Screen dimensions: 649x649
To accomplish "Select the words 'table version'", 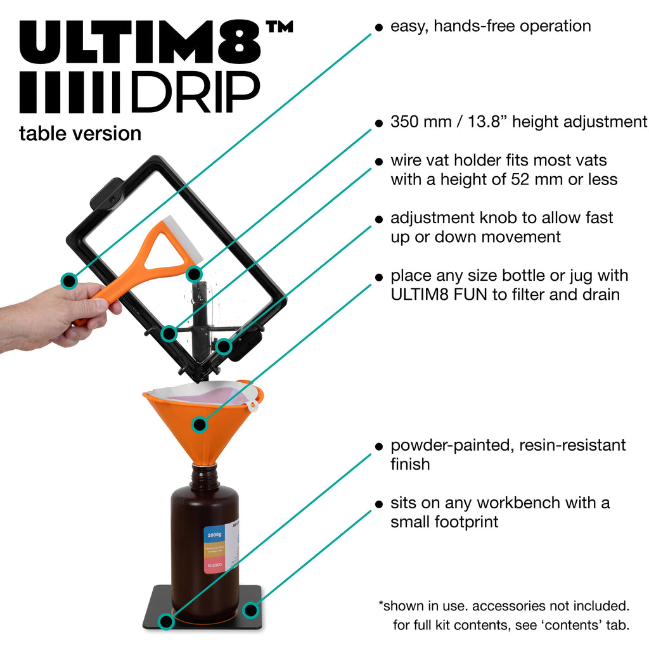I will (80, 134).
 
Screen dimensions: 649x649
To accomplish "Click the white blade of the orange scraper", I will (184, 238).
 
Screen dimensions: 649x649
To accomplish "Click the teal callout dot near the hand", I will (69, 280).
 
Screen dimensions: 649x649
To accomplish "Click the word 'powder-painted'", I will (449, 445).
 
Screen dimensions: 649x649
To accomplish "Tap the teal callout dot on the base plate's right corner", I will (251, 610).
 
